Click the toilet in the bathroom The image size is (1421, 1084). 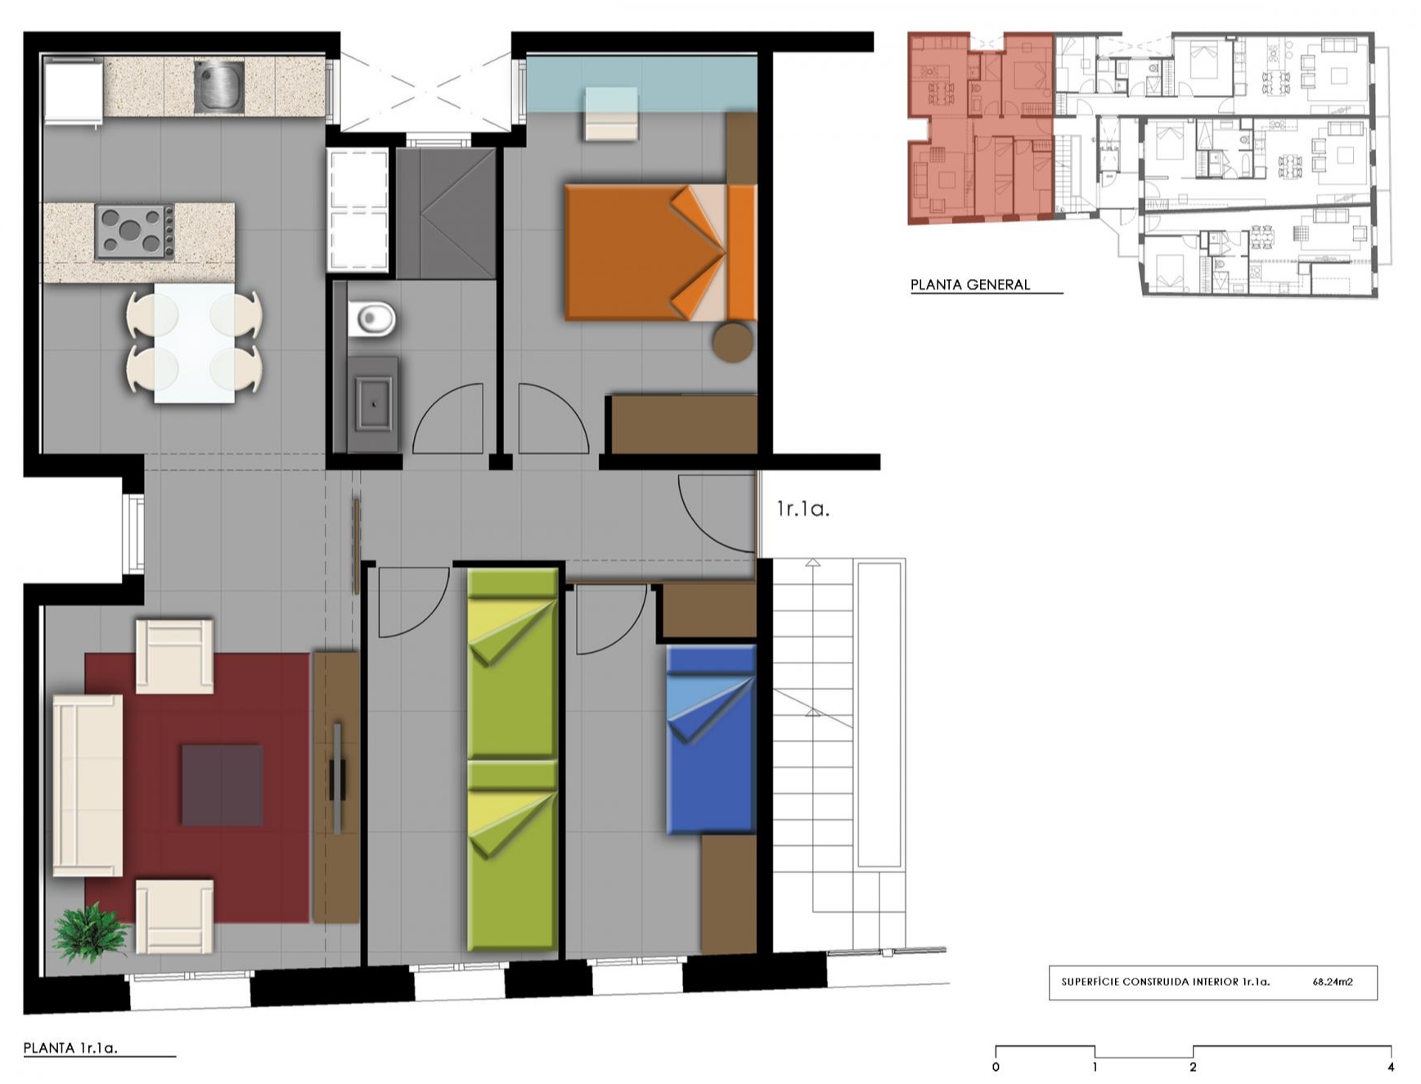[371, 319]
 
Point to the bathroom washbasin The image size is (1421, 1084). [373, 403]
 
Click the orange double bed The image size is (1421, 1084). [660, 252]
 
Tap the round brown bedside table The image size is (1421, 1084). [733, 342]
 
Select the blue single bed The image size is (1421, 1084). [711, 740]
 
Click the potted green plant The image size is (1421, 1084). [91, 933]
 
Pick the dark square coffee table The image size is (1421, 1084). [223, 785]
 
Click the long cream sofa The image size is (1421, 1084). [88, 785]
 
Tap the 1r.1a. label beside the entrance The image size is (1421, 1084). [803, 509]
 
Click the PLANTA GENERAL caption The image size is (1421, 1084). [970, 285]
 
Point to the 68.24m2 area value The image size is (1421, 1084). [1333, 982]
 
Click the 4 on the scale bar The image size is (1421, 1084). [1391, 1067]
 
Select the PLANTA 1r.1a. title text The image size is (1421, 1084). [70, 1048]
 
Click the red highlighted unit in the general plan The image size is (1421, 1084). [980, 128]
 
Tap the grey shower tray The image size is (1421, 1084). [446, 214]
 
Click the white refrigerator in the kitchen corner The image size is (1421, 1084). [74, 91]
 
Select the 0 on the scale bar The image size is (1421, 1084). [996, 1067]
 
